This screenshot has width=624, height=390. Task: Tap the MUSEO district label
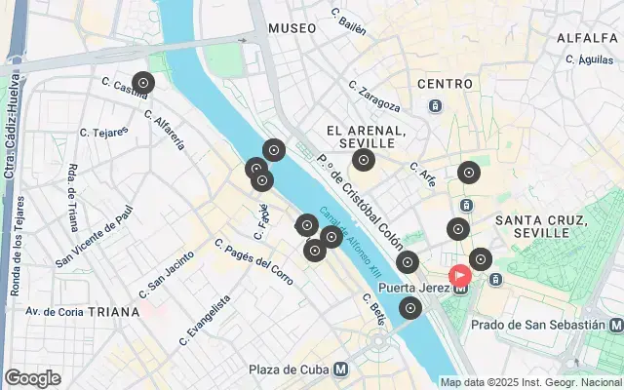click(x=292, y=28)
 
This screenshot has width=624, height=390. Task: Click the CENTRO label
click(x=445, y=84)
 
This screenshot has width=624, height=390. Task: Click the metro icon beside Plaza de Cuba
click(x=340, y=370)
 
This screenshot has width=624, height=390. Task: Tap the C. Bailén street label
click(x=348, y=22)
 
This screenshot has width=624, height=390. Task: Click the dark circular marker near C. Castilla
click(x=143, y=84)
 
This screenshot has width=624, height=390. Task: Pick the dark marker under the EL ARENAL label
click(x=364, y=161)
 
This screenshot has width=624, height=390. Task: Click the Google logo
click(x=32, y=378)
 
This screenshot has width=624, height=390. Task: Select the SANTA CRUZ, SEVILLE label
click(x=544, y=226)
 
